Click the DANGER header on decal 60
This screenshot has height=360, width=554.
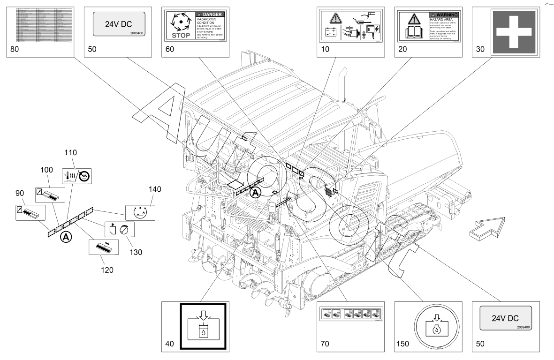point(210,15)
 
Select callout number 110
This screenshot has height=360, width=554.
point(71,153)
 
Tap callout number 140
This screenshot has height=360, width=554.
point(155,190)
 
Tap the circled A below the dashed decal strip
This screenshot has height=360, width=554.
point(66,238)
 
